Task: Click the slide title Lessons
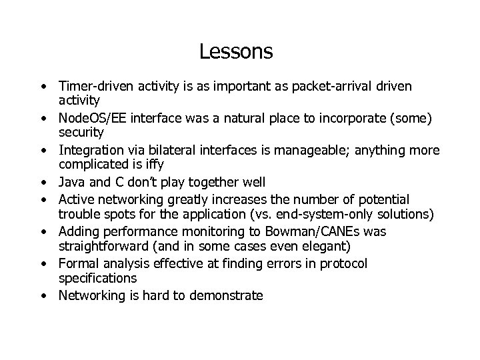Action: [x=236, y=51]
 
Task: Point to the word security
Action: [x=81, y=131]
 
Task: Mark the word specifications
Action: [x=97, y=277]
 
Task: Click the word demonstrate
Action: [x=227, y=295]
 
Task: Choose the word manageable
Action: [x=299, y=151]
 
